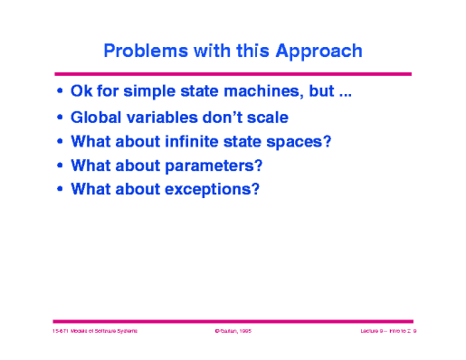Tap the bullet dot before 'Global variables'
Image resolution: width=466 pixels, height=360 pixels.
pyautogui.click(x=60, y=118)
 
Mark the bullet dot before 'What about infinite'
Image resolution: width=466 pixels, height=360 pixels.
pyautogui.click(x=60, y=142)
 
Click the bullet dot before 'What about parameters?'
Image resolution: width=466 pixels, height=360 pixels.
pyautogui.click(x=60, y=166)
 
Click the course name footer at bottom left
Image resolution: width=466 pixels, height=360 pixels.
pyautogui.click(x=94, y=334)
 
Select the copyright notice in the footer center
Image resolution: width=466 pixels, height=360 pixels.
pyautogui.click(x=232, y=334)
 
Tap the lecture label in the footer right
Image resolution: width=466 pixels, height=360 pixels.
pyautogui.click(x=380, y=334)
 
